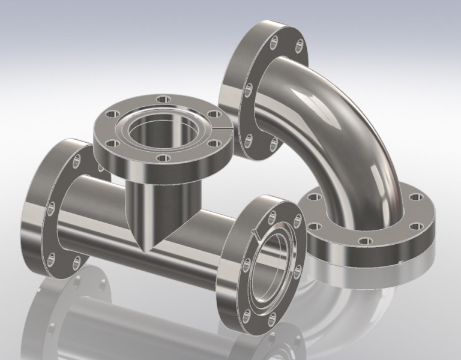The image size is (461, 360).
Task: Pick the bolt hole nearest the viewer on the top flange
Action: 161,158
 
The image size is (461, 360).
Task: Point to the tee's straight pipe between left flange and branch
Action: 96,207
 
